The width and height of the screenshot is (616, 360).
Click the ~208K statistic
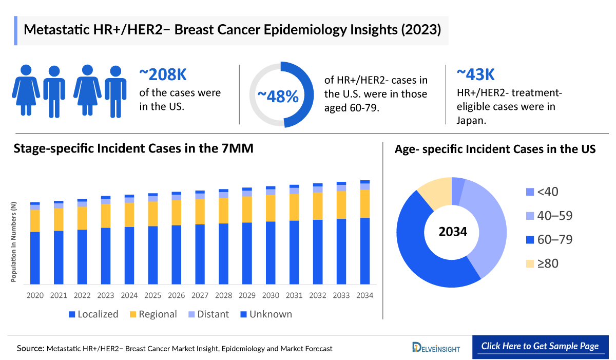163,75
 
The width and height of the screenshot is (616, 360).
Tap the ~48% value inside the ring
278,96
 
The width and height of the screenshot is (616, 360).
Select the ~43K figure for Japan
476,75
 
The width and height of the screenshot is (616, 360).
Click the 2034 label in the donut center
453,232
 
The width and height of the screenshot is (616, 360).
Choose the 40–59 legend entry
547,216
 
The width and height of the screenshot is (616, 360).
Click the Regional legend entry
152,314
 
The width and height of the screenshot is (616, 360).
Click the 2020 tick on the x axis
35,296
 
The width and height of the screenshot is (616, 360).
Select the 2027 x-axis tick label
200,296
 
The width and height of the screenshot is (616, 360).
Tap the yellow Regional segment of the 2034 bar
365,204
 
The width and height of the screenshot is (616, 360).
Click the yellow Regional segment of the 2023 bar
105,216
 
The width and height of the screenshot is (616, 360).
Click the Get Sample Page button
540,346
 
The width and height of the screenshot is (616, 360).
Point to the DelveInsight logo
436,348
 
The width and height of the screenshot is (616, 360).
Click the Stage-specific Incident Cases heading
133,149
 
